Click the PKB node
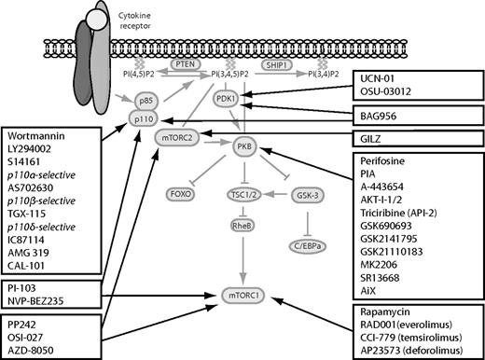coord(246,147)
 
